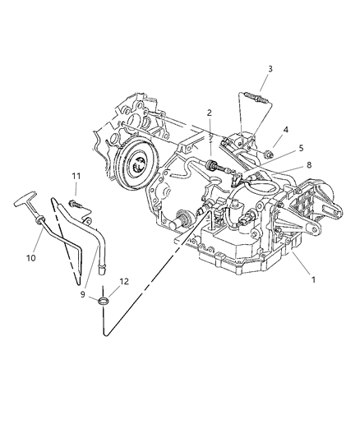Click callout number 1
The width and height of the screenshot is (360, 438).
point(313,279)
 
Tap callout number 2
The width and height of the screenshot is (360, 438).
point(210,113)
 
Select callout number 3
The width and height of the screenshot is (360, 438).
point(270,69)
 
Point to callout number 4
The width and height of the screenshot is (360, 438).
point(285,130)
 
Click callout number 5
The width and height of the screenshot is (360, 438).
point(301,148)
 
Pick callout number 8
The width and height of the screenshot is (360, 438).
point(309,165)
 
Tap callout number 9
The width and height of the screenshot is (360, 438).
point(83,294)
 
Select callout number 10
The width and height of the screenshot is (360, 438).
point(31,258)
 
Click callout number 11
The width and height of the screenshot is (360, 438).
point(76,176)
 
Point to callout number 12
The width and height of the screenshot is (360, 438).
point(124,282)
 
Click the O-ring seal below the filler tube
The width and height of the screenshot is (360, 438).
point(103,302)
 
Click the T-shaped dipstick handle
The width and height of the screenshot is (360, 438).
point(25,198)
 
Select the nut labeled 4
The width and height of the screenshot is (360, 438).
point(269,154)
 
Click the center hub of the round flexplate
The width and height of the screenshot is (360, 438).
point(138,165)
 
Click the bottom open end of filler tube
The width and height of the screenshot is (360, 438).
point(102,271)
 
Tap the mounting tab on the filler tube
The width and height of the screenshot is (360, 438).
point(87,221)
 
